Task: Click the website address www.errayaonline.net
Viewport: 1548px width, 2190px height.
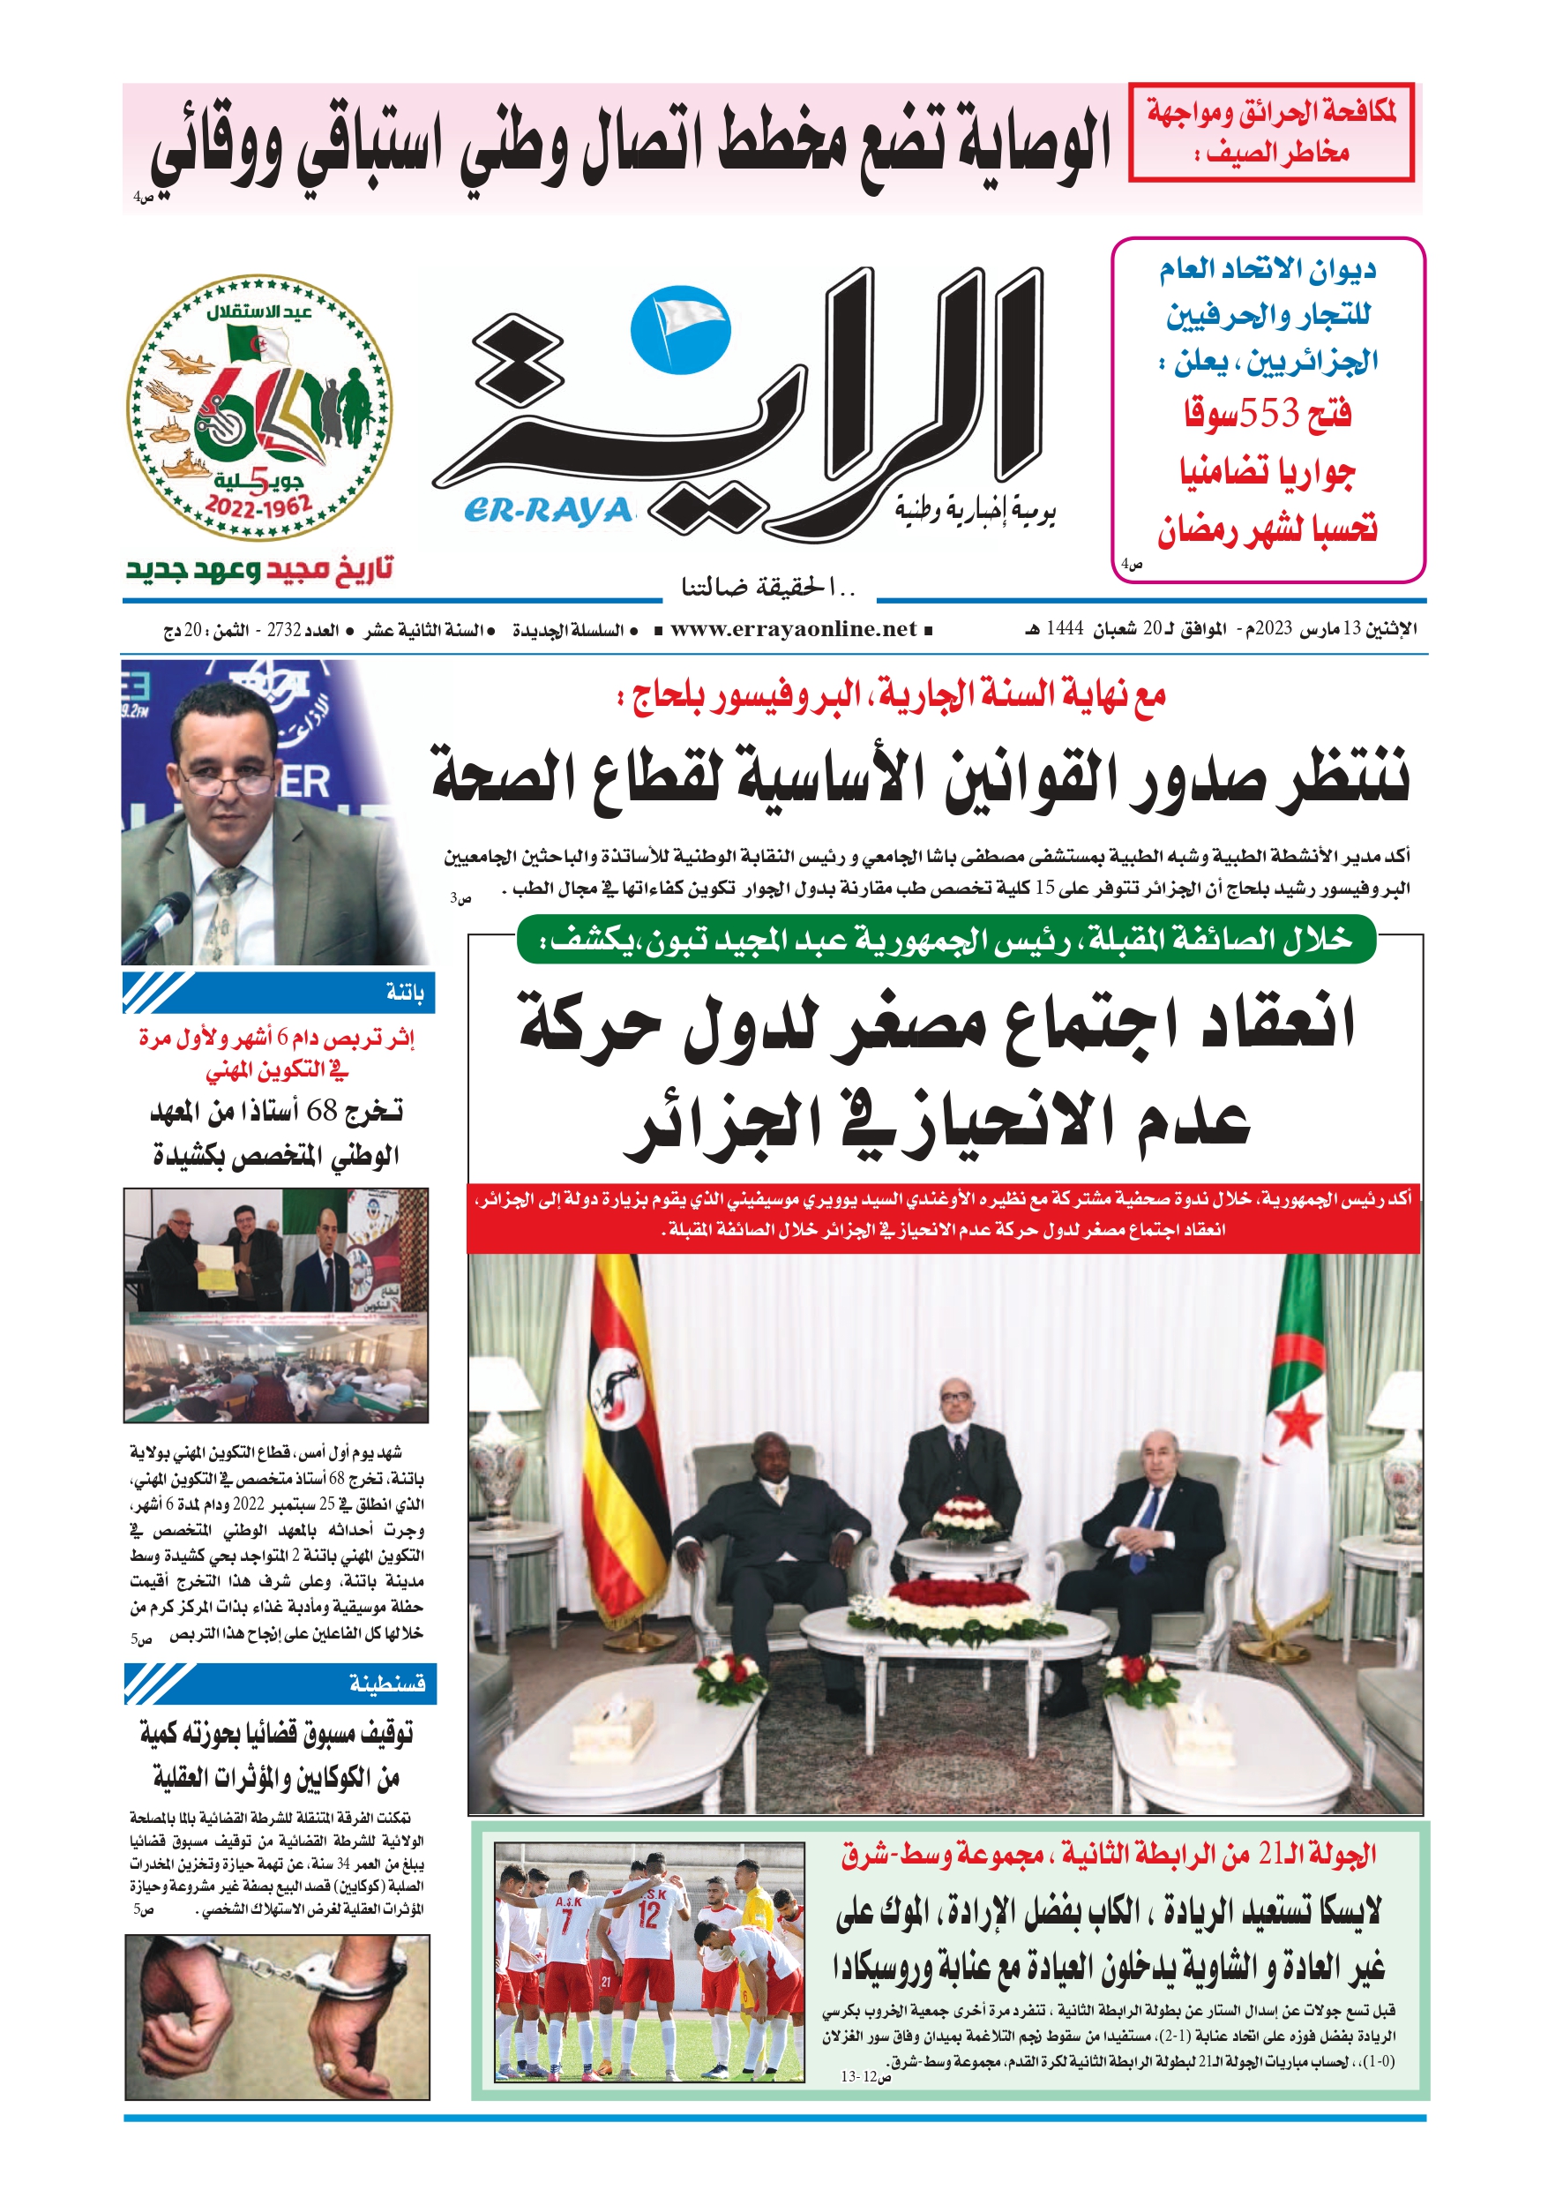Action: [x=793, y=629]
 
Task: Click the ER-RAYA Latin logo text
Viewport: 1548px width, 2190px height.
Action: [x=550, y=511]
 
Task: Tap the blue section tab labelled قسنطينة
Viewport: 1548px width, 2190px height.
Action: [x=280, y=1683]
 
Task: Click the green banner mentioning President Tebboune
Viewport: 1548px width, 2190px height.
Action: [x=946, y=940]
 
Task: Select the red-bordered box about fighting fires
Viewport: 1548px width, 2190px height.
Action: [x=1270, y=132]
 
